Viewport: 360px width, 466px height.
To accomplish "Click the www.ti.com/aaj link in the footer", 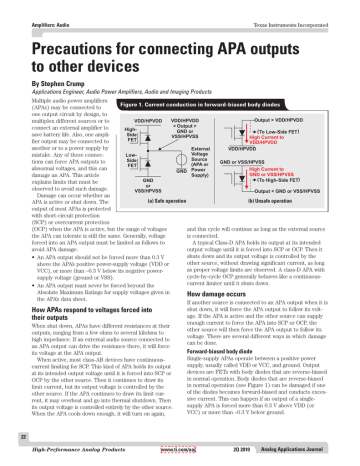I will (x=189, y=456).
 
